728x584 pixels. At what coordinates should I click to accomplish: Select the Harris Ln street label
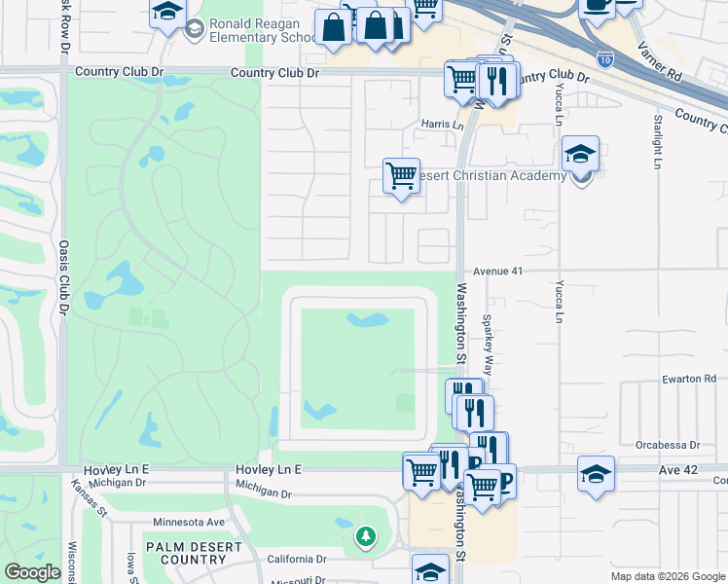(443, 125)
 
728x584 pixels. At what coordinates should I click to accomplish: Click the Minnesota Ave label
(189, 523)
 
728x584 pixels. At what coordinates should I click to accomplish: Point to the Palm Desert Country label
(193, 553)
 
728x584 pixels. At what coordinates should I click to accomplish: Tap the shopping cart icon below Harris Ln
(401, 176)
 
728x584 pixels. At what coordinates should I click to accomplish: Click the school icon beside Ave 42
(596, 474)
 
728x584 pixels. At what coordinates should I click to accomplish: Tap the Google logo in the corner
(31, 572)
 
